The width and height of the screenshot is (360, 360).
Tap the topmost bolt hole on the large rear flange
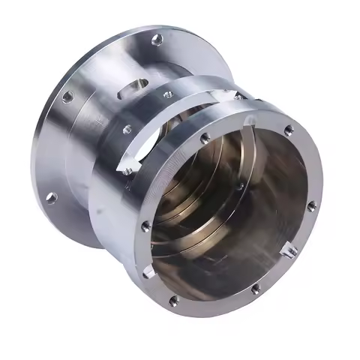point(157,40)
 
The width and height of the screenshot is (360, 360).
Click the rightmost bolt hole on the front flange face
point(311,205)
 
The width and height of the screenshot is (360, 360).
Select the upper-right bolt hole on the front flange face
point(289,130)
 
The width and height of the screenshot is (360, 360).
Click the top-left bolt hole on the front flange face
point(204,139)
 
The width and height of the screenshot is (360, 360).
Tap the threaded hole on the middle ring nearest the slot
point(167,94)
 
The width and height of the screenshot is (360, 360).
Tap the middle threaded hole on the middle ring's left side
point(127,129)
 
